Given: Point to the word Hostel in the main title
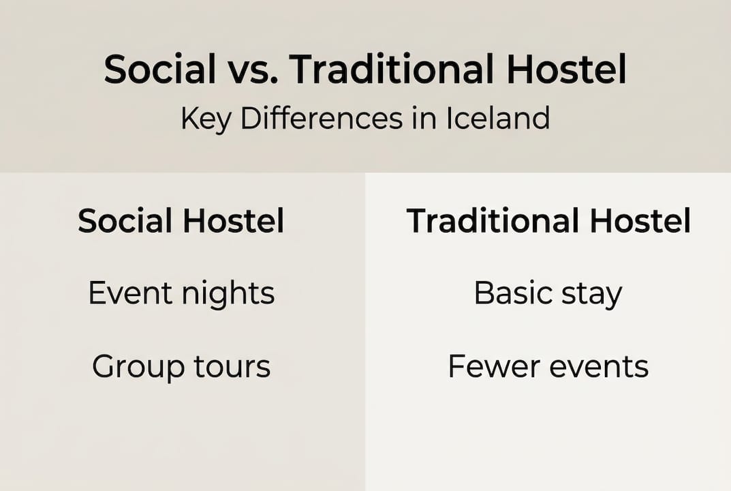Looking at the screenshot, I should click(572, 70).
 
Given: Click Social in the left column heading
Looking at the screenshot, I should click(125, 222).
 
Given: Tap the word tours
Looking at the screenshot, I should click(233, 367).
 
